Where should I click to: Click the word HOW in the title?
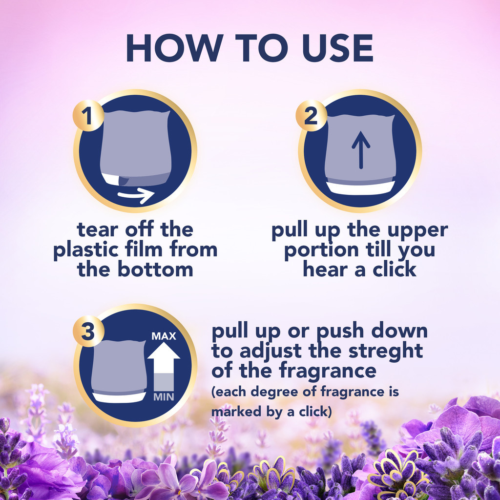[175, 48]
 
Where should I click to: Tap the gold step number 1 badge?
[88, 115]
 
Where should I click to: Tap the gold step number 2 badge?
[311, 115]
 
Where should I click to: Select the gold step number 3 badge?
[88, 332]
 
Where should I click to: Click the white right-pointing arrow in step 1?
[136, 195]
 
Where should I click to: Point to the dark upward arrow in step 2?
[361, 149]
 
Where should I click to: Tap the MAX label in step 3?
[164, 336]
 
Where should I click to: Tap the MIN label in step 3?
[164, 397]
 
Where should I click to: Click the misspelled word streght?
[386, 351]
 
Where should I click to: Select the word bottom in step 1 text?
[156, 270]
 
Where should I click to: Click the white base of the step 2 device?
[361, 188]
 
